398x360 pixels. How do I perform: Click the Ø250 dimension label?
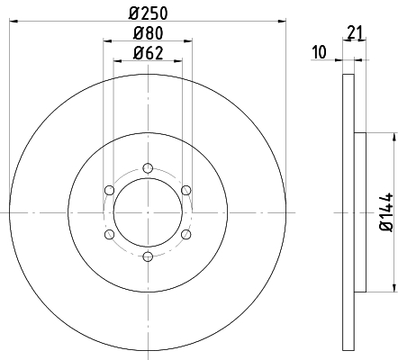[x=148, y=13]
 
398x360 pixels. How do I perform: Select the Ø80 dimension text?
[x=148, y=34]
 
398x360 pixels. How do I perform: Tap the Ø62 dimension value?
[x=148, y=52]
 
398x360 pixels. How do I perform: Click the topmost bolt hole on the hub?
[x=148, y=167]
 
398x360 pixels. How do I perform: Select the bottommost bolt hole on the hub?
[x=148, y=256]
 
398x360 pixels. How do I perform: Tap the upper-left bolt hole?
[x=109, y=190]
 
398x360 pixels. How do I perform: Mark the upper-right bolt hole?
[x=186, y=190]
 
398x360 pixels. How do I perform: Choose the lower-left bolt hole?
[x=109, y=234]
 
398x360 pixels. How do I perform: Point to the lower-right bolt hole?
[x=186, y=234]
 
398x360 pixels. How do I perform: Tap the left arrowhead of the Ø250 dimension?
[x=14, y=22]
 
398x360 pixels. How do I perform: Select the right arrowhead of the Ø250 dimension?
[x=281, y=22]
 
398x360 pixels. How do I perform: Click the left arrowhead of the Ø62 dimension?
[x=118, y=61]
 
